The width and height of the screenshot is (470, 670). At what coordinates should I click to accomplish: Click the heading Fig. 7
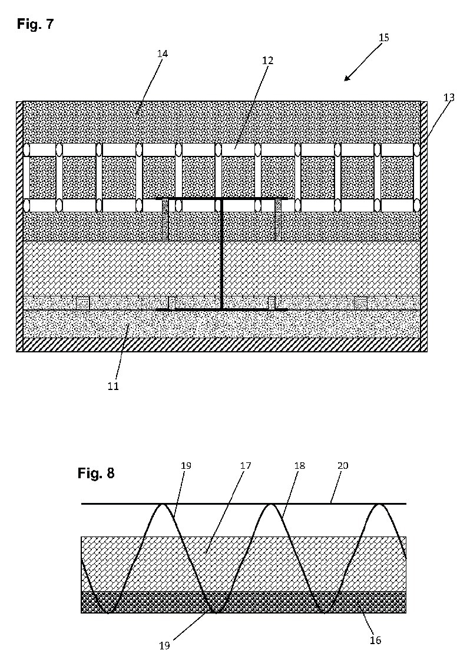[x=35, y=24]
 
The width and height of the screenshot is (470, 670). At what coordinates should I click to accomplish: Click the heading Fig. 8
[x=96, y=473]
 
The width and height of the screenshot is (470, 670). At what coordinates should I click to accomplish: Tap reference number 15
[x=383, y=38]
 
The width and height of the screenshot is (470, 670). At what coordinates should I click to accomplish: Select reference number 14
[x=162, y=54]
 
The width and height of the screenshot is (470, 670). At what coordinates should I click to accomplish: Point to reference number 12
[x=268, y=61]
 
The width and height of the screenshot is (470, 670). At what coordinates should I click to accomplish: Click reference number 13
[x=449, y=98]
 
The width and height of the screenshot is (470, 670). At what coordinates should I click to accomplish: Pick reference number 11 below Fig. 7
[x=113, y=386]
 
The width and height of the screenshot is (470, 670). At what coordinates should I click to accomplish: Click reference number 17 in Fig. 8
[x=246, y=465]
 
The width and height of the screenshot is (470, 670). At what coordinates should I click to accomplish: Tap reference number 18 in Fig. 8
[x=299, y=465]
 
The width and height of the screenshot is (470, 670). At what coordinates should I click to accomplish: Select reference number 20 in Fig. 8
[x=343, y=465]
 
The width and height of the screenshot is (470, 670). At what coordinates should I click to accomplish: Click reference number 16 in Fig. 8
[x=375, y=639]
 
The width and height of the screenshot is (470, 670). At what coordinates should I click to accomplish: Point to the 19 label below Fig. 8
[x=165, y=646]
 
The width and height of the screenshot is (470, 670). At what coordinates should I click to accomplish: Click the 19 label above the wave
[x=186, y=465]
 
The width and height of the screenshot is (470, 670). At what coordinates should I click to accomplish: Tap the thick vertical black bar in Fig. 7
[x=221, y=254]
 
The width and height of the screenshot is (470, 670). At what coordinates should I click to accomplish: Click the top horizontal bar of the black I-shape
[x=221, y=199]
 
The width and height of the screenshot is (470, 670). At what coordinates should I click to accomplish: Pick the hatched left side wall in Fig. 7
[x=19, y=226]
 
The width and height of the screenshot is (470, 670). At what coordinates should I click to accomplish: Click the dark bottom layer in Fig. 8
[x=243, y=602]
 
